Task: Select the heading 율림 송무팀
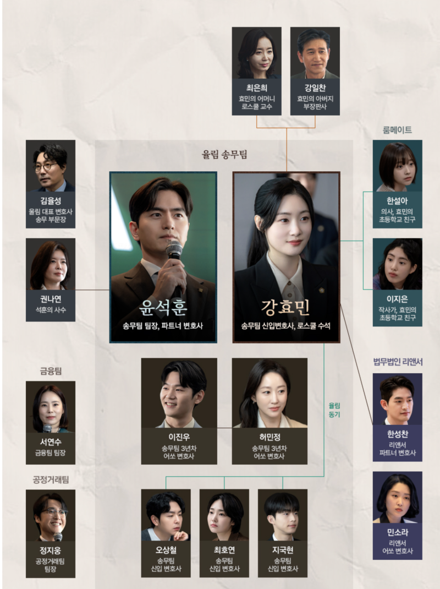click(224, 155)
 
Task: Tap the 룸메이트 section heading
click(397, 130)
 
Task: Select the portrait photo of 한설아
click(397, 165)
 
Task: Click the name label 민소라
click(397, 532)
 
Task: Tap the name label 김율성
click(51, 200)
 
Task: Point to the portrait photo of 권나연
click(51, 265)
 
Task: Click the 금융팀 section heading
click(51, 370)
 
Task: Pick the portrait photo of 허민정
click(269, 393)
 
